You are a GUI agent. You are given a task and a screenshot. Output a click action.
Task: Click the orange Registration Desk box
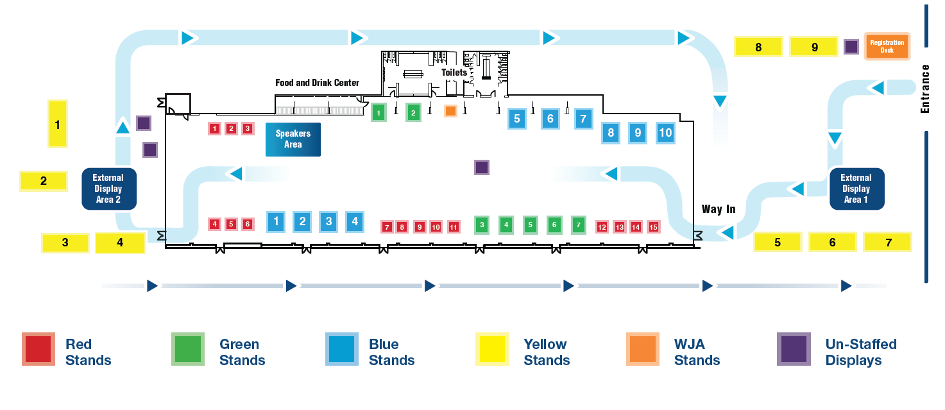coord(887,46)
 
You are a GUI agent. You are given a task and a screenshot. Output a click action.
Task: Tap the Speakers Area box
coord(293,139)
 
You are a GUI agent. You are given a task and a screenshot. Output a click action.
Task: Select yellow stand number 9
coord(814,47)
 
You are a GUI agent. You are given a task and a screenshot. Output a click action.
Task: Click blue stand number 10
coord(665,133)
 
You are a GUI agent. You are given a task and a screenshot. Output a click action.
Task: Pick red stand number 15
coord(653,226)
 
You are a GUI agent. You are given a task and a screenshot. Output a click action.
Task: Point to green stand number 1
coord(379,114)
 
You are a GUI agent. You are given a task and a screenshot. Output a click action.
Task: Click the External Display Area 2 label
coord(108,189)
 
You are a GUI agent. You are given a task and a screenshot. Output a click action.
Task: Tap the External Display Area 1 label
coord(856,189)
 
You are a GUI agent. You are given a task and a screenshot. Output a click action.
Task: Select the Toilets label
coord(454,73)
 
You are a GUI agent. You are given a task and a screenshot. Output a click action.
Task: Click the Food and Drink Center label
coord(317,83)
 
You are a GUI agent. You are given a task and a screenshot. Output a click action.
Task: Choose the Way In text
coord(719,209)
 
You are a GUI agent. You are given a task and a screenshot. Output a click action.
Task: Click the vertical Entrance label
coord(924,89)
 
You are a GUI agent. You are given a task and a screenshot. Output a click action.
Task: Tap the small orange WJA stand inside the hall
coord(451,111)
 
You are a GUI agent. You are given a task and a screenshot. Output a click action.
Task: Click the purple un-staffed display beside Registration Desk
coord(851,47)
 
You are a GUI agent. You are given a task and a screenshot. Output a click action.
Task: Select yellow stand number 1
coord(58,124)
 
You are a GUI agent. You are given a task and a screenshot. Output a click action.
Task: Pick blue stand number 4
coord(354,222)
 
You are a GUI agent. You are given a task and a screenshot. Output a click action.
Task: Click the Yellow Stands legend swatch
coord(492,350)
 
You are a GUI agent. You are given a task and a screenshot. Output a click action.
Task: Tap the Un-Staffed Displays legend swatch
coord(794,350)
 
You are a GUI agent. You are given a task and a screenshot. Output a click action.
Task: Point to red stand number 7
coord(387,226)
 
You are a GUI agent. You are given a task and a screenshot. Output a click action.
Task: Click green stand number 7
coord(578,225)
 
